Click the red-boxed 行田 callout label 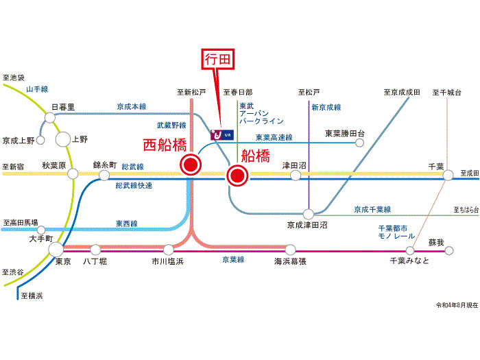coord(219,60)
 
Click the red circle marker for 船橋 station coord(237,176)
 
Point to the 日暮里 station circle coord(50,118)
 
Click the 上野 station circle coord(62,139)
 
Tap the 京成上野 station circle coord(40,141)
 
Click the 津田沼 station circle coord(296,176)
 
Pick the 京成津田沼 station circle coord(309,214)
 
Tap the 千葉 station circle coord(448,176)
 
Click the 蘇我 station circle coord(449,251)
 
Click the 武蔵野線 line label coord(171,125)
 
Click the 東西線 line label coord(126,224)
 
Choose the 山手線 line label coord(37,89)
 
